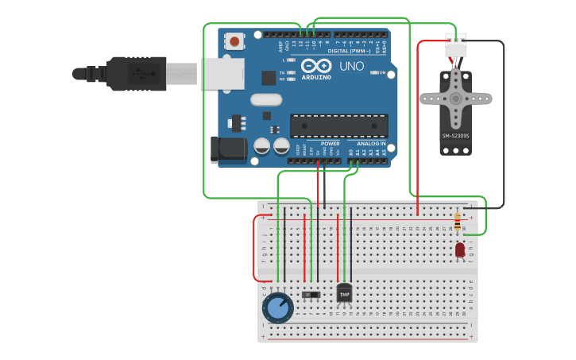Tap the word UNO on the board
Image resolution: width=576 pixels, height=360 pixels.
tap(351, 66)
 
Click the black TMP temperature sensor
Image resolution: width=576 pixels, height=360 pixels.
tap(344, 293)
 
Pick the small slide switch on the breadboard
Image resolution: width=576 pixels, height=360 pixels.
tap(311, 295)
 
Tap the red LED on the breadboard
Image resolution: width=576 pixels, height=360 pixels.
tap(460, 250)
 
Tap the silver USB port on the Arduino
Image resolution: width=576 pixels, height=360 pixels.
tap(222, 73)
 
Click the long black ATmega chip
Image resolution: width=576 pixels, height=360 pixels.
tap(339, 126)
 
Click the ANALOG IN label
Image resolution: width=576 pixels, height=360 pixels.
tap(370, 144)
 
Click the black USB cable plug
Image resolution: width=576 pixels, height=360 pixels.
tap(135, 73)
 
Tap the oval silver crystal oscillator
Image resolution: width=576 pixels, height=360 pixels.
tap(266, 100)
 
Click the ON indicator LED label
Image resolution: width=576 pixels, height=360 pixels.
tap(382, 73)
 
